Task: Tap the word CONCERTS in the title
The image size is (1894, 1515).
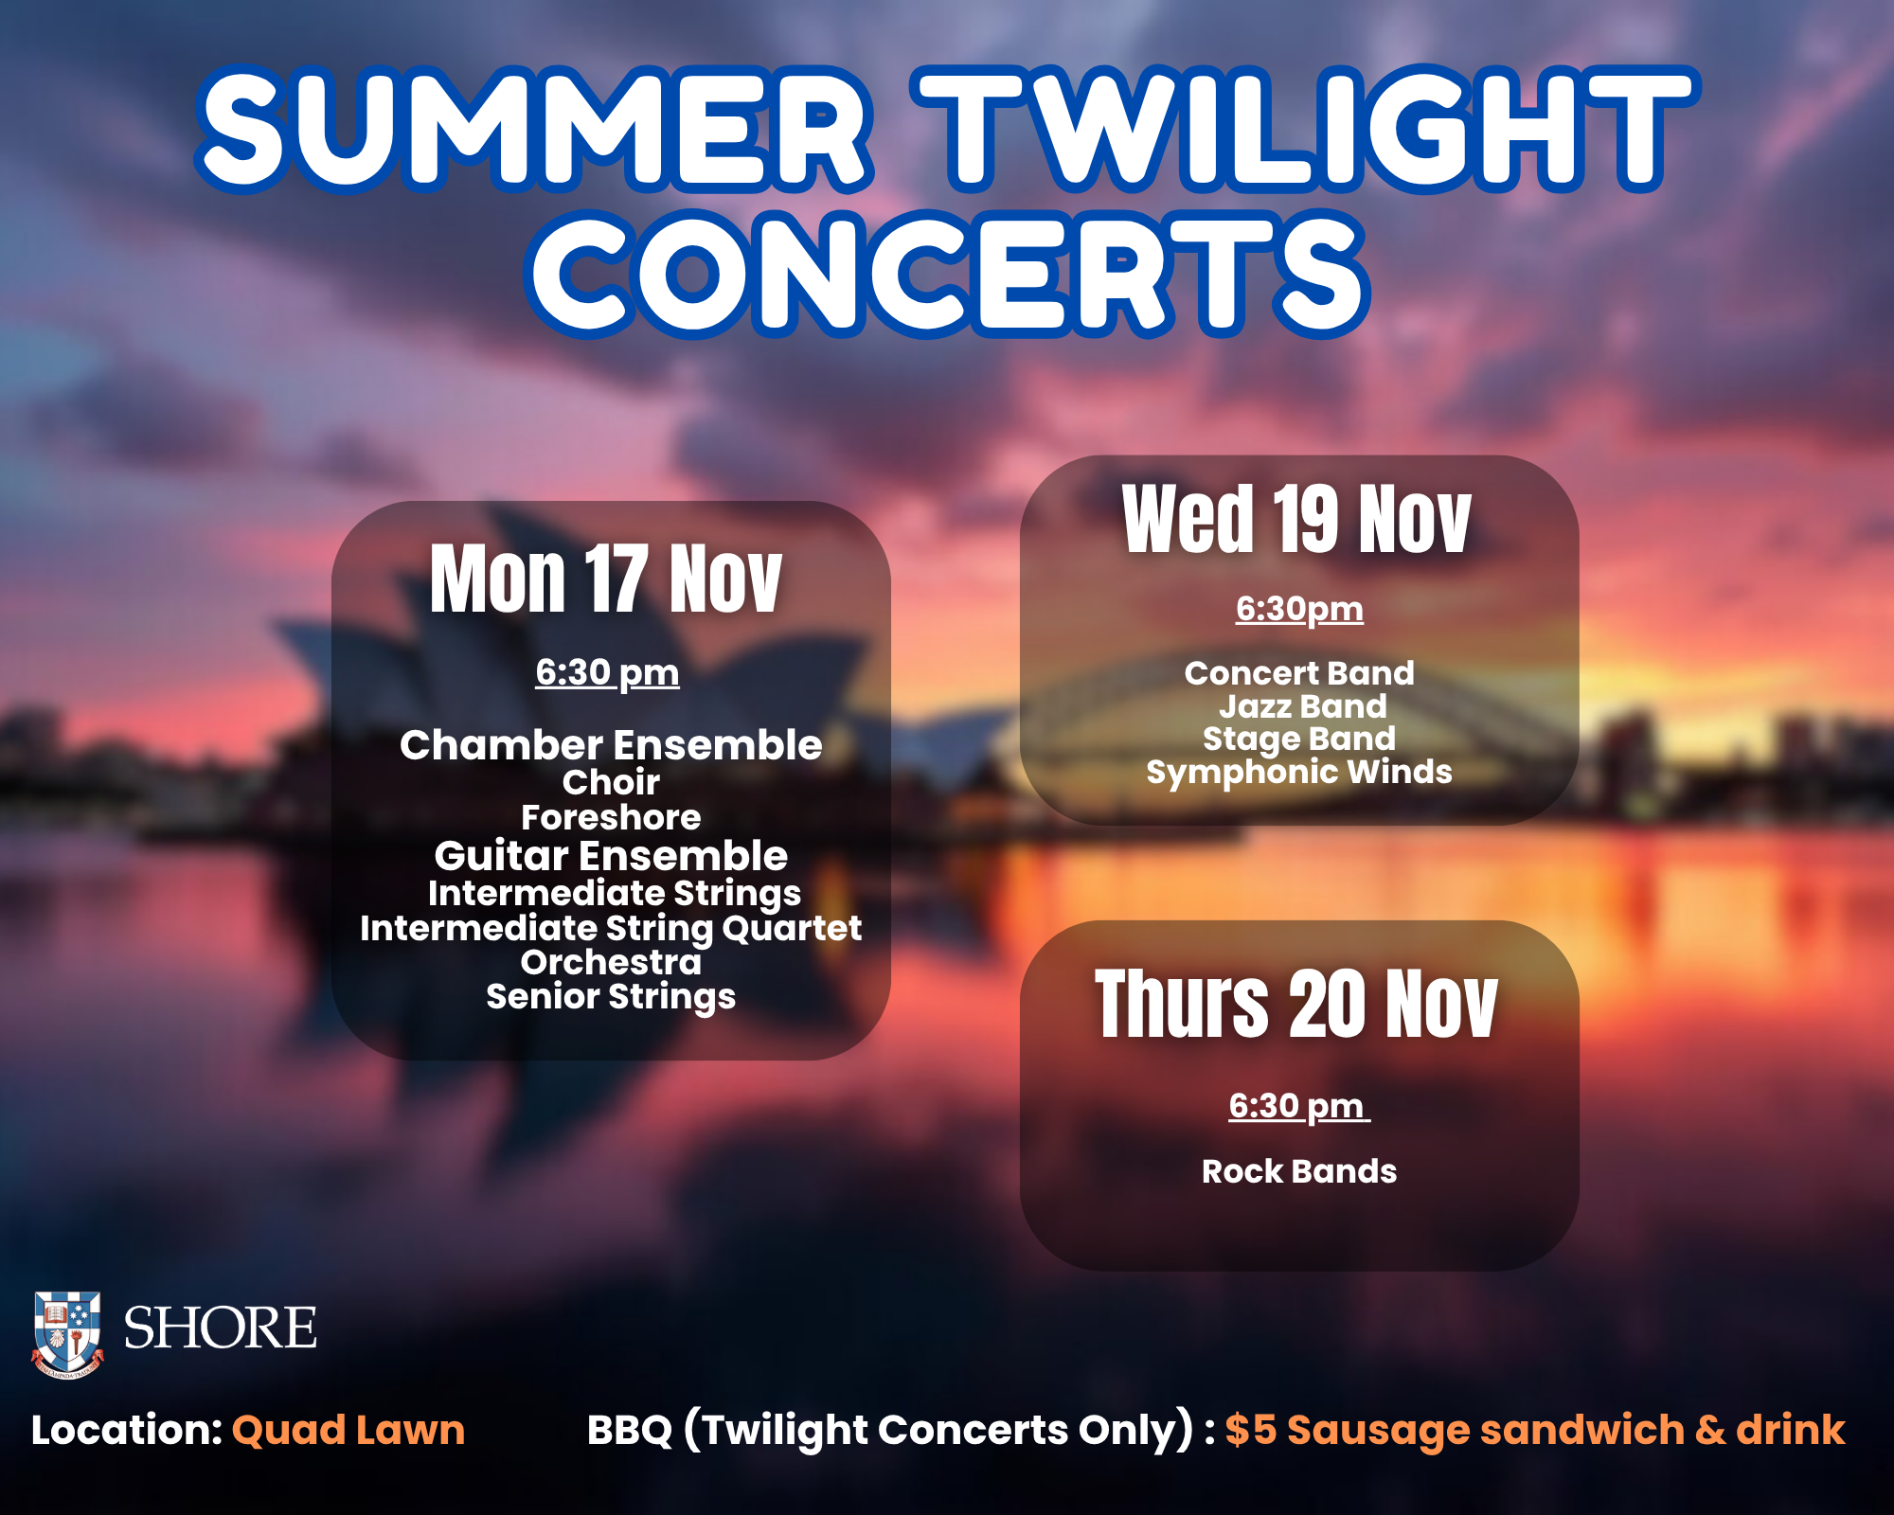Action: pos(948,274)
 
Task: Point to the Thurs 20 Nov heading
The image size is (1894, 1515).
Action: pos(1296,1004)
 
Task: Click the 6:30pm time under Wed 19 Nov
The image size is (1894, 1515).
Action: pos(1299,609)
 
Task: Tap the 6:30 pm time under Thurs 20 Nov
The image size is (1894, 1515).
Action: pos(1297,1106)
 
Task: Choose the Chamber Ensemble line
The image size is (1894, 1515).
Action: pos(611,745)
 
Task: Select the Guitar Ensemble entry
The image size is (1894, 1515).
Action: pos(611,856)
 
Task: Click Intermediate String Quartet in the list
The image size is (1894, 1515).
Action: pos(611,928)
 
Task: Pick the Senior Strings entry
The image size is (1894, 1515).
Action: pos(611,997)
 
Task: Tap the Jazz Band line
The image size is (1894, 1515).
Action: pos(1303,706)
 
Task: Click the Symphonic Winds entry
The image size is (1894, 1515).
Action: pos(1299,772)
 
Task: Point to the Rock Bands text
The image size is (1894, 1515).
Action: pos(1299,1171)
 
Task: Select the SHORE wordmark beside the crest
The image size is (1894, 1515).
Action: pos(220,1328)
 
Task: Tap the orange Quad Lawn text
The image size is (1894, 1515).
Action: pos(348,1430)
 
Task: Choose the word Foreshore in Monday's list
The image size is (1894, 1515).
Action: pos(611,817)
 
